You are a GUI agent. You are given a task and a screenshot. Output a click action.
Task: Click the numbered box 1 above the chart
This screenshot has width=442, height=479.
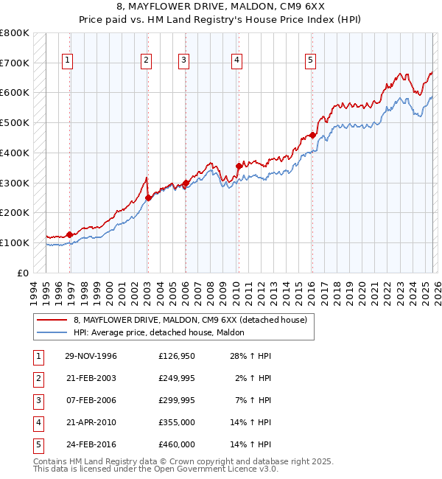click(x=68, y=60)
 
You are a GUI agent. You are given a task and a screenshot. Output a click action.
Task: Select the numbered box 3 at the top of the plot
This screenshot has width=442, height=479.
click(x=183, y=60)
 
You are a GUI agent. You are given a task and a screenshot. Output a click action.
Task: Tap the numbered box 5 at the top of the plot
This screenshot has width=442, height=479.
click(x=310, y=60)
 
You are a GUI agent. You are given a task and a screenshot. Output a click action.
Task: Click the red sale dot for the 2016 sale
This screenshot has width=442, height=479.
click(x=312, y=135)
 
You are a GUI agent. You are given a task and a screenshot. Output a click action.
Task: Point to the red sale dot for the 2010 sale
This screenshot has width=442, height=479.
click(x=238, y=166)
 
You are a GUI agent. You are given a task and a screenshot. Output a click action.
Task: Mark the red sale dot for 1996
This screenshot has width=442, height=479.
click(x=69, y=234)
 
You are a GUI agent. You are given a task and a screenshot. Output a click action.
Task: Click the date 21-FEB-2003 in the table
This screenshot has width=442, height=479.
click(x=91, y=378)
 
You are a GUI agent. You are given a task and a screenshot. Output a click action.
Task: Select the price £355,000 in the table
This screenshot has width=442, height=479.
click(x=177, y=422)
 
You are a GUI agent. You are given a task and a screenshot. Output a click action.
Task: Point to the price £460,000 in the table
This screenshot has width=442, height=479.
click(x=177, y=444)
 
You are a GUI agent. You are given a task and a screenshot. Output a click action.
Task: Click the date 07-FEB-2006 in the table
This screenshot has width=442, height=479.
click(x=91, y=400)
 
